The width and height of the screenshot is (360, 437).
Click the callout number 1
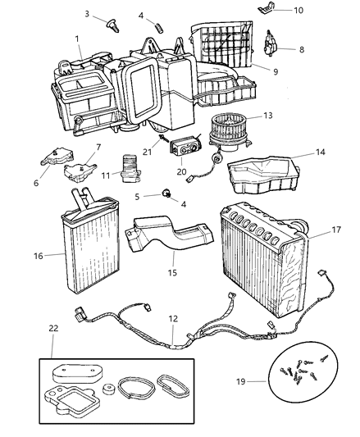point(76,39)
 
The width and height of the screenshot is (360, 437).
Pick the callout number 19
point(262,381)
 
